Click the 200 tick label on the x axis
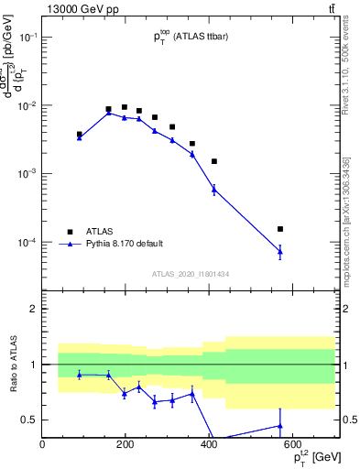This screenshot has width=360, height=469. coord(125,444)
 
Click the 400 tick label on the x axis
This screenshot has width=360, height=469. coord(209,444)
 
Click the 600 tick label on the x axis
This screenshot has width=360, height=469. coord(292,444)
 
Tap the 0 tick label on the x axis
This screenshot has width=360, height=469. coord(42,444)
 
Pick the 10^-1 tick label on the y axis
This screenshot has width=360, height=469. coord(27,38)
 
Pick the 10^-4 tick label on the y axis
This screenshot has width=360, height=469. coord(27,243)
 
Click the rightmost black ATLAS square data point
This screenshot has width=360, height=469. coord(280,229)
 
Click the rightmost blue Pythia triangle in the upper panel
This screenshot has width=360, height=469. coord(280,250)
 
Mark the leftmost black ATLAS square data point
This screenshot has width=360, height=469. coord(80,134)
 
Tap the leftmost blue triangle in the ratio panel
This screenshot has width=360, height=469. coord(80,375)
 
